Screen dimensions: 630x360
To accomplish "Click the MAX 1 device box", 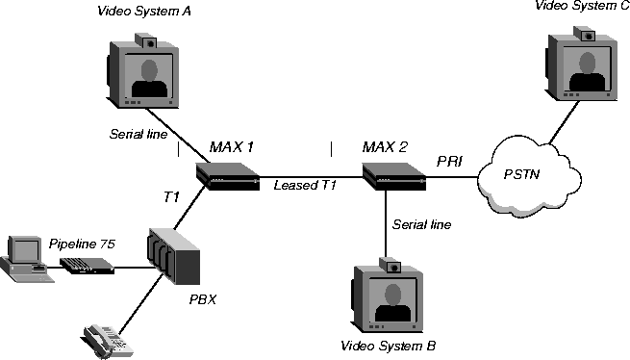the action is [x=227, y=176].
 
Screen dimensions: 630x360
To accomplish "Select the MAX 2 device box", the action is [x=394, y=176].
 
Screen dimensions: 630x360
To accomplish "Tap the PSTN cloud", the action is [x=530, y=177].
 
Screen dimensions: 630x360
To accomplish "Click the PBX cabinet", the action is [x=173, y=256].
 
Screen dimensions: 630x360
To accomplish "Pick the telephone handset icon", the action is [x=108, y=341].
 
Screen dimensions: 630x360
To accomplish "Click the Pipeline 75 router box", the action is [x=87, y=266].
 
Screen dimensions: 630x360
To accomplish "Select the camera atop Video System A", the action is [x=145, y=41].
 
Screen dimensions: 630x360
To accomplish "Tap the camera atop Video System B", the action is [x=391, y=266].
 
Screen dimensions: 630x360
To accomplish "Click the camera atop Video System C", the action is [x=584, y=34].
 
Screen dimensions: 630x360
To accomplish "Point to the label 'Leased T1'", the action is [x=305, y=185].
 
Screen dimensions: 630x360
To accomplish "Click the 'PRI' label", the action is [x=449, y=162].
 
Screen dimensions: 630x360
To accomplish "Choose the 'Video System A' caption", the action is [x=144, y=11].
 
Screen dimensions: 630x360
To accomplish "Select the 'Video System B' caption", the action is [x=389, y=346].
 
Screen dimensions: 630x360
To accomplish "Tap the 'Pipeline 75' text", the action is [x=82, y=244].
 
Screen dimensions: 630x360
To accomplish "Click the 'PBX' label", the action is [x=203, y=299].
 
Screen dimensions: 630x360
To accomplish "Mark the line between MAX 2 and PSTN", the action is [x=452, y=176].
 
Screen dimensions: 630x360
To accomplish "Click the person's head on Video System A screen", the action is [x=149, y=70].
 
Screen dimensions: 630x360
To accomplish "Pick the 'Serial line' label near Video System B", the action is [x=421, y=224].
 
